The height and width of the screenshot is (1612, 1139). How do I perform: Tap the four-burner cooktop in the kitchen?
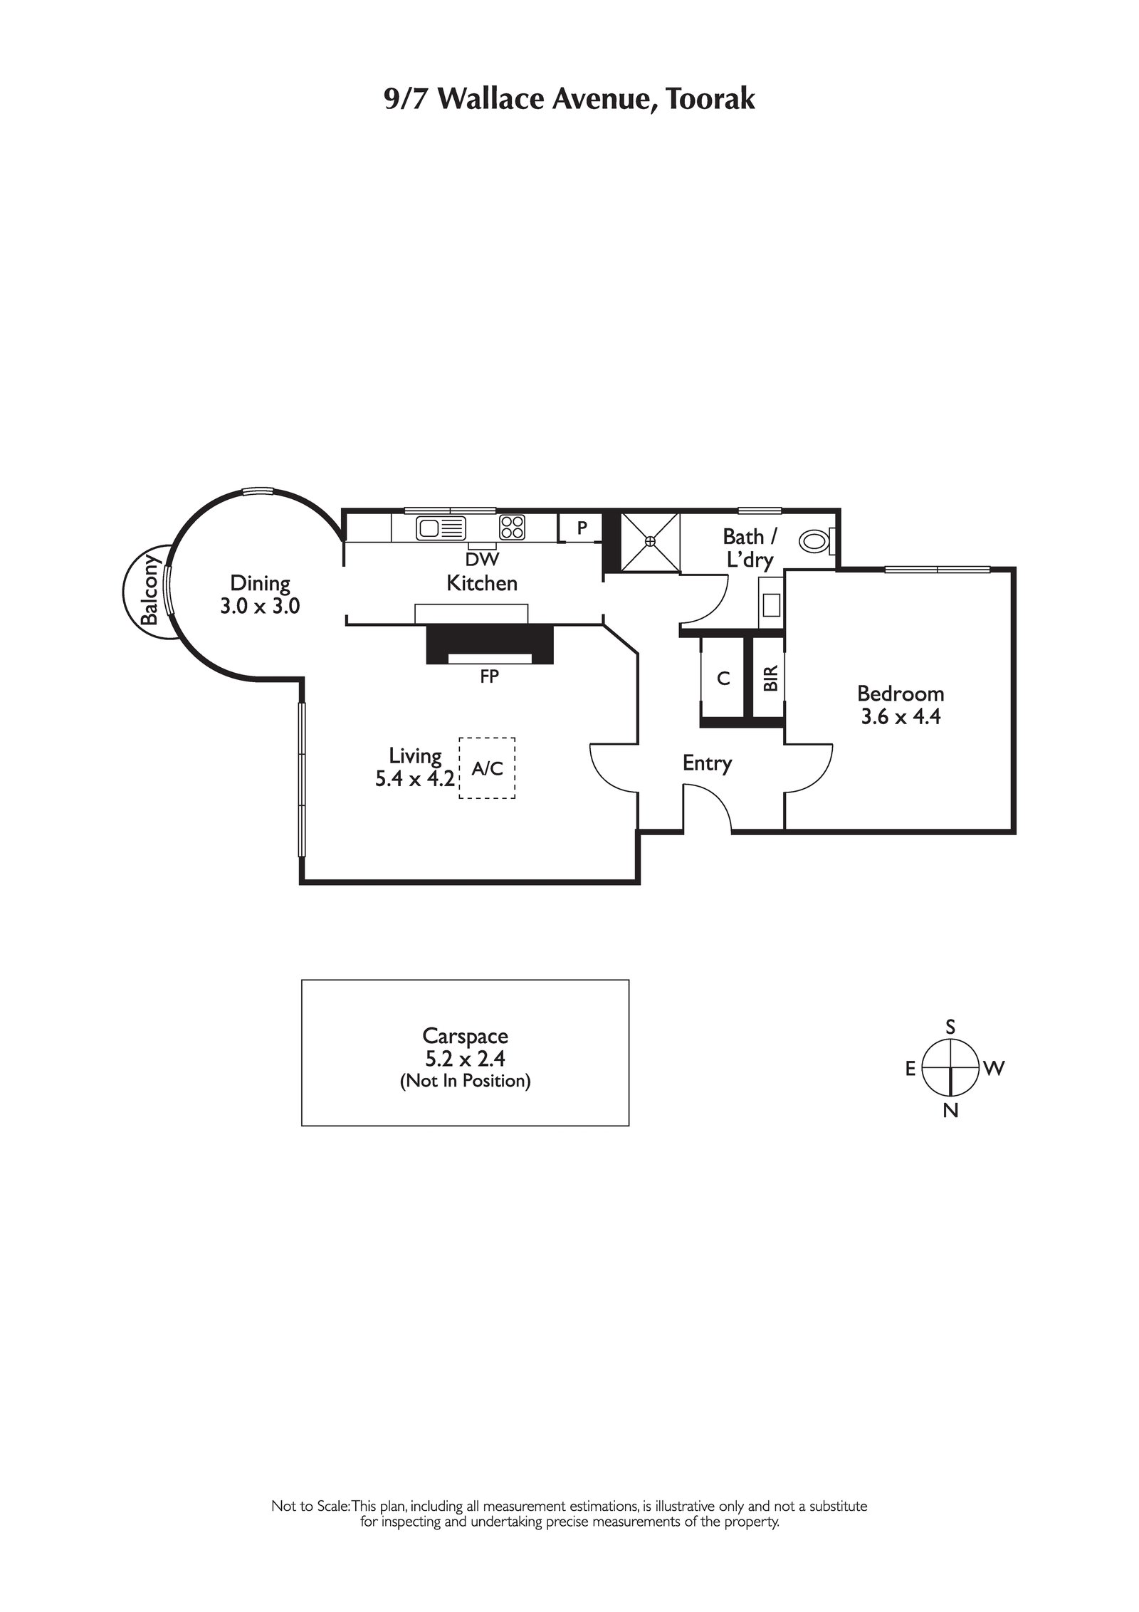coord(512,527)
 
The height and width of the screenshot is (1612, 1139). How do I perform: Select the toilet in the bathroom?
coord(815,540)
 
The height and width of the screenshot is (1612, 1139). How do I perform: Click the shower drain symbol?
coord(649,541)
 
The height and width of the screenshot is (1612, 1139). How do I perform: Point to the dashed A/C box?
coord(487,768)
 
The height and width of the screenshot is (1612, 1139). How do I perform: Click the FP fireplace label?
coord(489,676)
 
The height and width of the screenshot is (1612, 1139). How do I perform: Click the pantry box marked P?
coord(582,528)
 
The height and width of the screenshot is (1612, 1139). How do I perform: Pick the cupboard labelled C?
coord(723,679)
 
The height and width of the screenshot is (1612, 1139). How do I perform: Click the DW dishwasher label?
coord(482,560)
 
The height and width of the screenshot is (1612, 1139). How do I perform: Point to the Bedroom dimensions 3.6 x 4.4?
coord(901,716)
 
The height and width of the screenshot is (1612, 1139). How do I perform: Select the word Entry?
coord(707,763)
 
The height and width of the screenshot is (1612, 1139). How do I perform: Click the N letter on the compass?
coord(950,1110)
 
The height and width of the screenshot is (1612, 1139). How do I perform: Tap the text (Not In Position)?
coord(465,1081)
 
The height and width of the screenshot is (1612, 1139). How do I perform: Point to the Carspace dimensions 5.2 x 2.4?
coord(465,1059)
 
